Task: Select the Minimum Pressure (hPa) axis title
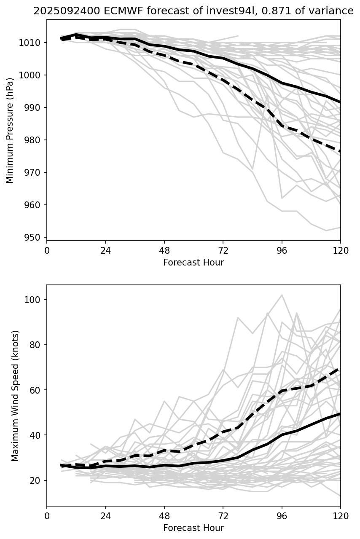[x=10, y=130]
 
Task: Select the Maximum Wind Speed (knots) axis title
[x=15, y=396]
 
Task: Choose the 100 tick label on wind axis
[x=35, y=300]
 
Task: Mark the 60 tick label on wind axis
[x=37, y=390]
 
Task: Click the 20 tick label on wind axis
[x=37, y=480]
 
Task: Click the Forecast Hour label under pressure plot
[x=193, y=263]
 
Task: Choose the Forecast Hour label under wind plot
[x=193, y=528]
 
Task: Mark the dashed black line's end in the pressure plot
[x=340, y=151]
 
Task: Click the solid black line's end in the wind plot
[x=340, y=414]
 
